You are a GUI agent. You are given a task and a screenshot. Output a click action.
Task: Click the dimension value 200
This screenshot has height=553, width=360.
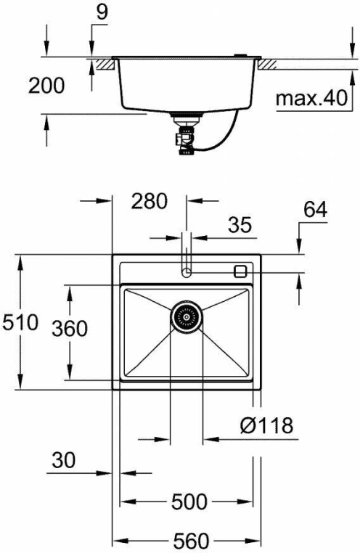click(46, 86)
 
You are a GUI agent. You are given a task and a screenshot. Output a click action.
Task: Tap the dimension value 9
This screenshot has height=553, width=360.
click(102, 12)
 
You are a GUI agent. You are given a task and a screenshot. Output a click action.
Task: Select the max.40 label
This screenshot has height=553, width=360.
click(311, 98)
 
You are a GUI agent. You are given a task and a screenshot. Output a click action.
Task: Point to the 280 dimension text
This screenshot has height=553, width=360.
click(149, 201)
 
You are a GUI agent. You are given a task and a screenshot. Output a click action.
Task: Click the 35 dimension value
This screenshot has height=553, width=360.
click(240, 225)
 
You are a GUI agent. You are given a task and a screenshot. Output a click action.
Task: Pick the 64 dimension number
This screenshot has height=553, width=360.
click(316, 210)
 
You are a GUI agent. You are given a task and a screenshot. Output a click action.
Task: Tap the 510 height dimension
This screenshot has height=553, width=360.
click(20, 322)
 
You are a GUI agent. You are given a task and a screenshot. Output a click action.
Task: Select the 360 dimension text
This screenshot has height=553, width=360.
click(70, 329)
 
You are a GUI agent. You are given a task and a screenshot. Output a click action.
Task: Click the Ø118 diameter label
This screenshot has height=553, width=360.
click(267, 425)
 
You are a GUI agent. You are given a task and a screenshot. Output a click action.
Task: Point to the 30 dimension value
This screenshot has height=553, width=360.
click(63, 460)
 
